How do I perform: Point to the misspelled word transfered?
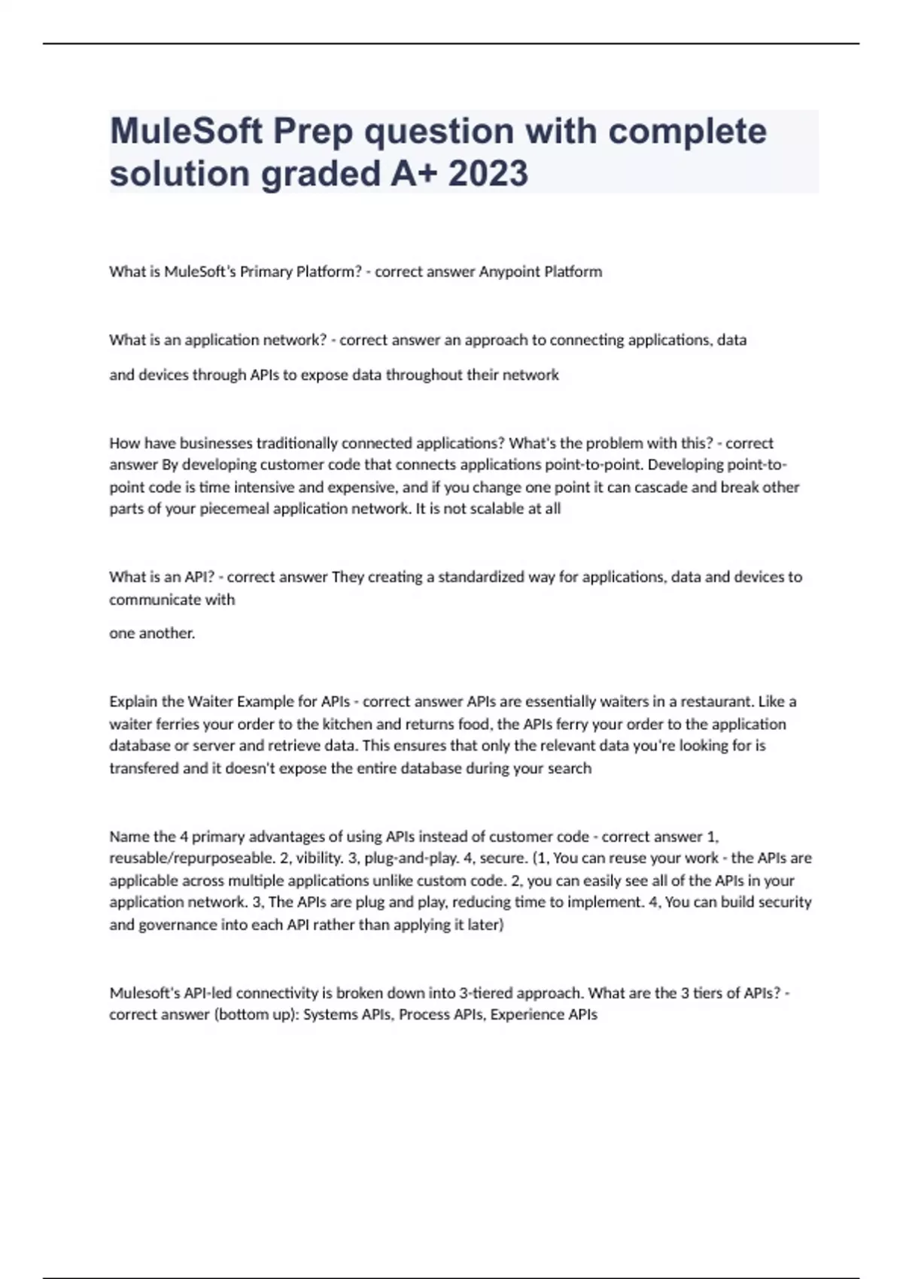click(144, 768)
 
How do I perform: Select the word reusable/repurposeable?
click(192, 858)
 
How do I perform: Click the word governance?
click(177, 925)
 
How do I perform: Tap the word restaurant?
click(714, 701)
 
